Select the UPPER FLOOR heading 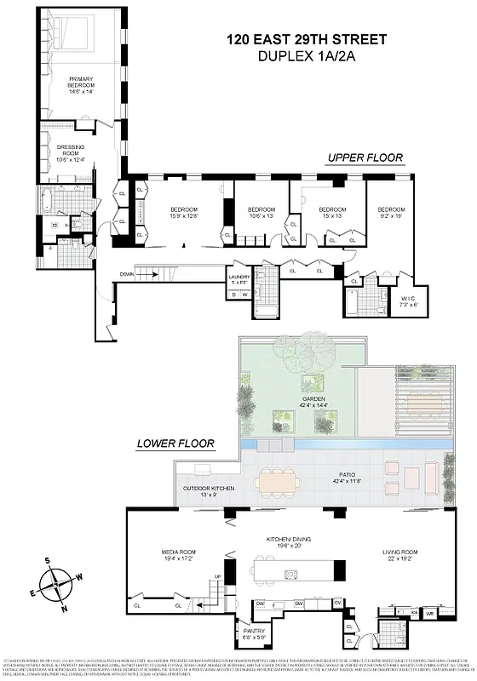coord(365,158)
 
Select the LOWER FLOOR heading coord(175,443)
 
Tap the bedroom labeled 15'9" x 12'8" coord(183,214)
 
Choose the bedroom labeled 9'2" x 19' coord(391,213)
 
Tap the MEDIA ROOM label coord(180,555)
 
